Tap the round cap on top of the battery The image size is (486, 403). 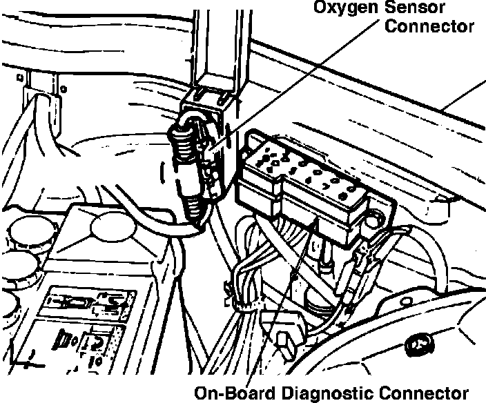(x=110, y=224)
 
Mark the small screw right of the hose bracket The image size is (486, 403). (x=64, y=88)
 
